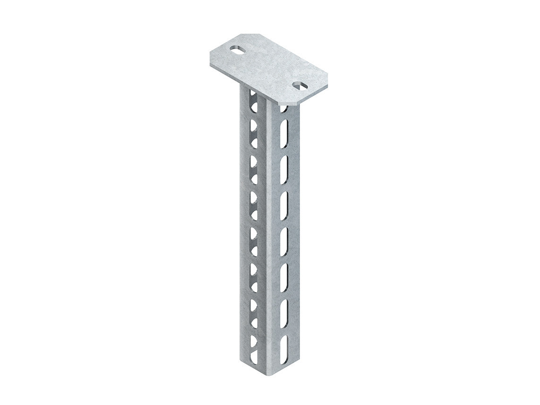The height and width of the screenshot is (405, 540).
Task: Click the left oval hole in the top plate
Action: (238, 49)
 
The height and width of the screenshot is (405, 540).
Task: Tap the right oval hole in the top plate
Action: (300, 86)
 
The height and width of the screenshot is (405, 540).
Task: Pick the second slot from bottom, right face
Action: (283, 313)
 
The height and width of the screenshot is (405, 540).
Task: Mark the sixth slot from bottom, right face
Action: (283, 169)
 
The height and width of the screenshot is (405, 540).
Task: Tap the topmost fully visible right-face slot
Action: (283, 133)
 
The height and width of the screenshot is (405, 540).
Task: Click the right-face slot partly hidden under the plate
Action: (283, 109)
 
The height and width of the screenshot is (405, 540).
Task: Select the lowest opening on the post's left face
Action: (254, 357)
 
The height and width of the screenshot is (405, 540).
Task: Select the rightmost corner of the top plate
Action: (327, 80)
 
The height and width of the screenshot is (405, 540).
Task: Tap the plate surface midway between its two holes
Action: (269, 68)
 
